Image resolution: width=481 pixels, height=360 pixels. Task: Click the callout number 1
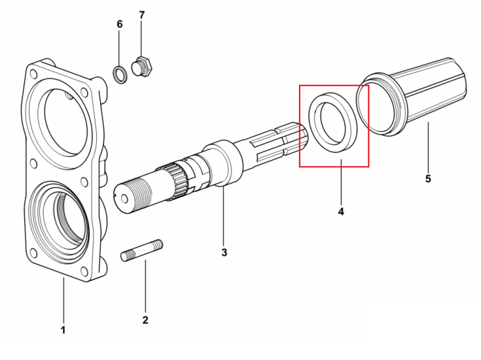coord(63,330)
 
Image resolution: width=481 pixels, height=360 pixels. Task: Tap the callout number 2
coord(146,320)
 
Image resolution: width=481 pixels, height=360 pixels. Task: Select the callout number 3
coord(224,252)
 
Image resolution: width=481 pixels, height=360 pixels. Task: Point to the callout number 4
coord(341,212)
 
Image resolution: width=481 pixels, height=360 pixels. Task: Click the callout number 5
coord(428,178)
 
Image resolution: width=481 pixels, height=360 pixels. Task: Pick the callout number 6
coord(120,24)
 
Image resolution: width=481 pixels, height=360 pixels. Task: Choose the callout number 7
coord(142,15)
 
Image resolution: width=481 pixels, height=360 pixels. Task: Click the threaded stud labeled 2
coord(142,250)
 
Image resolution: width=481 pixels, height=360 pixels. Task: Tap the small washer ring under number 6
coord(120,74)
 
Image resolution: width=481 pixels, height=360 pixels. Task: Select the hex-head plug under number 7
coord(142,67)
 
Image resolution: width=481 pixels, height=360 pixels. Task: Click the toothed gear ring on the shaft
coord(176,181)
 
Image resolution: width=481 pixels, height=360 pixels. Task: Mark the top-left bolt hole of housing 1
coord(34,74)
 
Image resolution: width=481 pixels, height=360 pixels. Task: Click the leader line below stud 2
coord(146,286)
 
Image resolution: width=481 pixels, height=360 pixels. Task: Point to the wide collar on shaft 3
coord(220,162)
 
